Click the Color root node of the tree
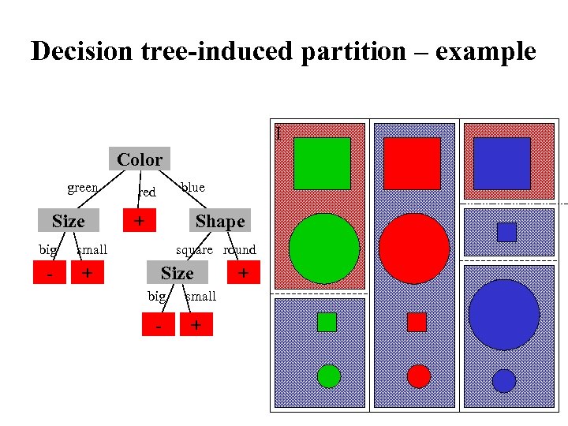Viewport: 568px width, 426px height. [140, 159]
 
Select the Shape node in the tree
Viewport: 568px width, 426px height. [220, 222]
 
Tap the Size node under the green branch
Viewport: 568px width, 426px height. [69, 222]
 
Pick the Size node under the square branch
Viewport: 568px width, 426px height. [177, 273]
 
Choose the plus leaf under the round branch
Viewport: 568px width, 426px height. [244, 273]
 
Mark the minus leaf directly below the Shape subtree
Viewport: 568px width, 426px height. [159, 324]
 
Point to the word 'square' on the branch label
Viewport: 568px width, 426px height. [194, 250]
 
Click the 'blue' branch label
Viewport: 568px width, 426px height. [192, 187]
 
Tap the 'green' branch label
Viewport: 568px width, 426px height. [83, 188]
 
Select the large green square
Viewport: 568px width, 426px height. [322, 164]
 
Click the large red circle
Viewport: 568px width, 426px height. [414, 248]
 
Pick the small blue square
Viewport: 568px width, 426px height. [506, 232]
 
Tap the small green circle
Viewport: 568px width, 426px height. [328, 376]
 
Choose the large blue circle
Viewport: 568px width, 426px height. [503, 314]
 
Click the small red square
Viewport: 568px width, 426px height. [417, 322]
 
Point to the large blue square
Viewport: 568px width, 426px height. [502, 163]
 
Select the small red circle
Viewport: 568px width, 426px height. [419, 376]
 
